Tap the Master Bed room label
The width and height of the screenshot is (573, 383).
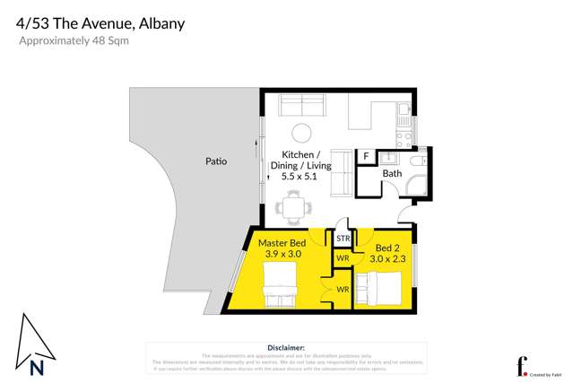click(x=282, y=243)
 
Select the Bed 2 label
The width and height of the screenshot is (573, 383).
click(x=387, y=247)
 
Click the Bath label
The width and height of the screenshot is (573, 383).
click(x=392, y=173)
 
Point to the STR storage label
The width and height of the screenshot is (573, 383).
click(x=343, y=239)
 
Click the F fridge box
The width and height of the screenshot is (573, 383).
click(x=366, y=157)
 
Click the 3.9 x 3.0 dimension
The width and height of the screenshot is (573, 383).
click(x=282, y=255)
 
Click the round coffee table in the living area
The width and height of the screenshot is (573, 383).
click(x=301, y=133)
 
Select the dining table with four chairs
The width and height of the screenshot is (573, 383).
click(x=295, y=208)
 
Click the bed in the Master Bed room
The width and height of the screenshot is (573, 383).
click(x=280, y=284)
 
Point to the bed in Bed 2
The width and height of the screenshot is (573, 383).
click(x=382, y=288)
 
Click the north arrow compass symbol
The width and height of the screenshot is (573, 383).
click(x=36, y=345)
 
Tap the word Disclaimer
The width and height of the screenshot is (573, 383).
click(x=286, y=347)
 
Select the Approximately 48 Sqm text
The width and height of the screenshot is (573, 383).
click(x=74, y=41)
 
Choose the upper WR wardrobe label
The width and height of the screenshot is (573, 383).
click(x=343, y=258)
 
